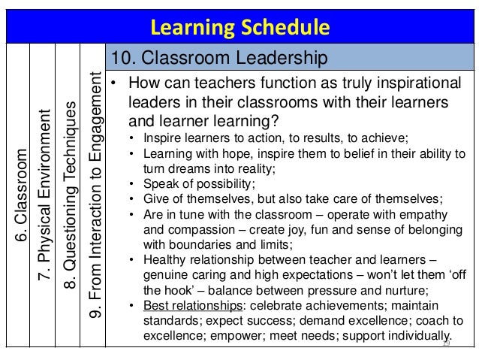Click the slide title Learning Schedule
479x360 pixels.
[x=240, y=29]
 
